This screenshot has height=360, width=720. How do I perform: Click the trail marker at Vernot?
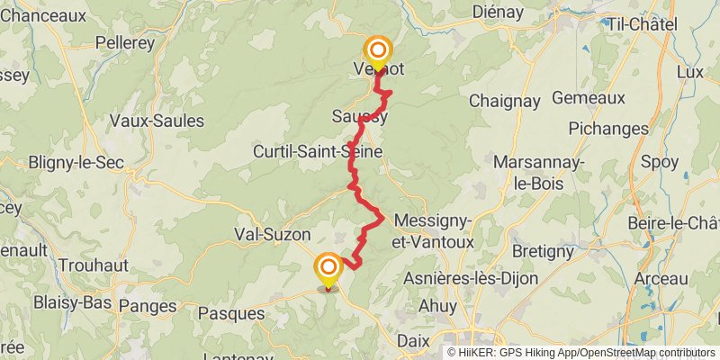[x=377, y=51]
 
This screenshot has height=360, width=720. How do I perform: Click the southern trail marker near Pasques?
[x=328, y=268]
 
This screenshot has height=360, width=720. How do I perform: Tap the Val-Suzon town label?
[x=273, y=234]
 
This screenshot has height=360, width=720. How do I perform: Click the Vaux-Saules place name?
[x=155, y=120]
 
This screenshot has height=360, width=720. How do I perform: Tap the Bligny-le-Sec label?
[x=76, y=163]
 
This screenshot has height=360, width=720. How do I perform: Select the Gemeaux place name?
[x=588, y=96]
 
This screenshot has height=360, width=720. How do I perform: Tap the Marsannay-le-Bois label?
[x=537, y=172]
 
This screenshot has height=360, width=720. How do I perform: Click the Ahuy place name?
[x=438, y=306]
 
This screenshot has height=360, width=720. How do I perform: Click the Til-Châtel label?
[x=643, y=24]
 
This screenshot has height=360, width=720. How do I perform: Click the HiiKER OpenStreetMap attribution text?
[x=582, y=352]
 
